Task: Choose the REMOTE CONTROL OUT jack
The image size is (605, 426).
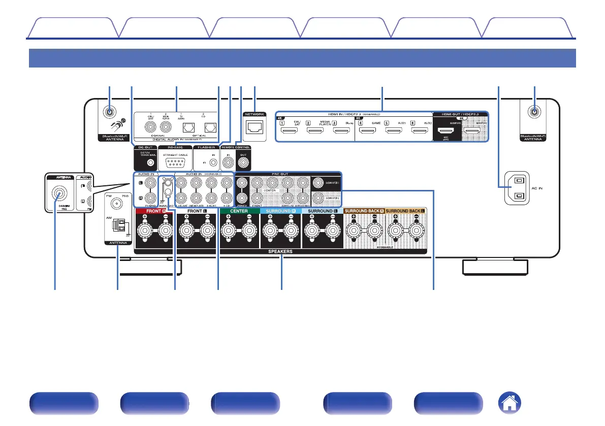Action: [245, 163]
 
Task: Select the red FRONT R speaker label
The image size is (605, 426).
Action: [155, 211]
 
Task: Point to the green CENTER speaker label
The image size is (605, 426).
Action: [239, 211]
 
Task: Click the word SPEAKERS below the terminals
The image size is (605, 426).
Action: [281, 252]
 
